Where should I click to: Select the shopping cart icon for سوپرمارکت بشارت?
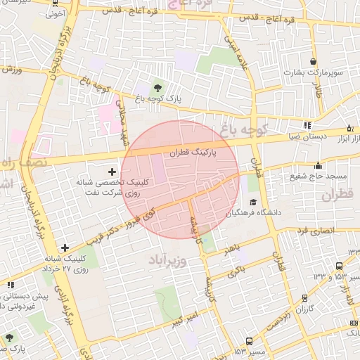click(312, 60)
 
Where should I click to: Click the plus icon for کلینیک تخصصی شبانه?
click(112, 172)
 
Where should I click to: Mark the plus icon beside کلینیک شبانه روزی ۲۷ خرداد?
click(65, 247)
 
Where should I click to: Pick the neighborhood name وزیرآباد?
click(167, 262)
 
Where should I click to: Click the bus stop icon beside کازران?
click(304, 297)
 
